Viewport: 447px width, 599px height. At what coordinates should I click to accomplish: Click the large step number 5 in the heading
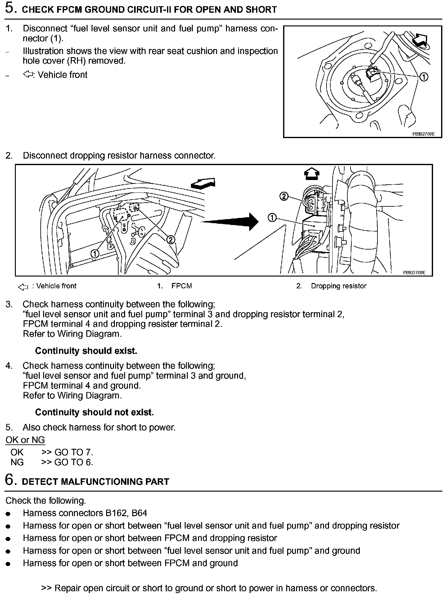coord(10,8)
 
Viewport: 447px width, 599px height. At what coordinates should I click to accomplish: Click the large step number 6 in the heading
coord(10,480)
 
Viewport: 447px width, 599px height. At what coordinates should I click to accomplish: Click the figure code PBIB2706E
coord(423,134)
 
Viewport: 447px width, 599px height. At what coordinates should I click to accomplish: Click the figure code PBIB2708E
coord(414,272)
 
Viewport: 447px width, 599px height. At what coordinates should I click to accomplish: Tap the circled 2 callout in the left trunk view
coord(170,239)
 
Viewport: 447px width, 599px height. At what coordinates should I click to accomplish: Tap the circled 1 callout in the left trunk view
coord(95,254)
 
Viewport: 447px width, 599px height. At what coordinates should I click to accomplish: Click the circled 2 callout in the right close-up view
coord(284,196)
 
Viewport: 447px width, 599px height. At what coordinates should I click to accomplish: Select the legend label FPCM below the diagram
coord(182,286)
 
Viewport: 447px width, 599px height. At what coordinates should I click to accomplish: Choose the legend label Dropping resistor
coord(338,286)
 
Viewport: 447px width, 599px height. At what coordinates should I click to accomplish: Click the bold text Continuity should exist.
coord(86,351)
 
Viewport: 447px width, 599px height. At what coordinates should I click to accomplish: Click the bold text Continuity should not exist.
coord(94,412)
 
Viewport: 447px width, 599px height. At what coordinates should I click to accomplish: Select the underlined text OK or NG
coord(25,440)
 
